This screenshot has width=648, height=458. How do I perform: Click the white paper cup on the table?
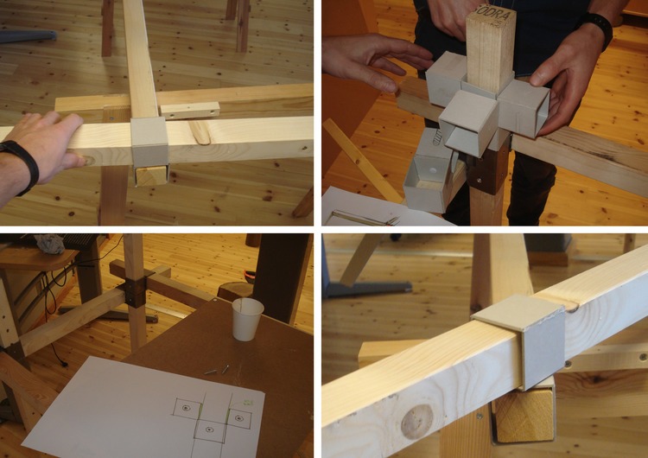click(247, 319)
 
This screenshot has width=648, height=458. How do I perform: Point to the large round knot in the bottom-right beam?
click(416, 421)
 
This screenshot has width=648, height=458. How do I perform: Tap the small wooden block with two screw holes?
click(189, 111)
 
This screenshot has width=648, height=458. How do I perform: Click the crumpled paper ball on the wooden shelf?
click(52, 245)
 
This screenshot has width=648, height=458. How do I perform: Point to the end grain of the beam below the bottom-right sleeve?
click(524, 416)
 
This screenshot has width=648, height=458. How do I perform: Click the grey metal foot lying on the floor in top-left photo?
click(26, 36)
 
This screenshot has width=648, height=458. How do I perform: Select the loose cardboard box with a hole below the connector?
click(426, 182)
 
